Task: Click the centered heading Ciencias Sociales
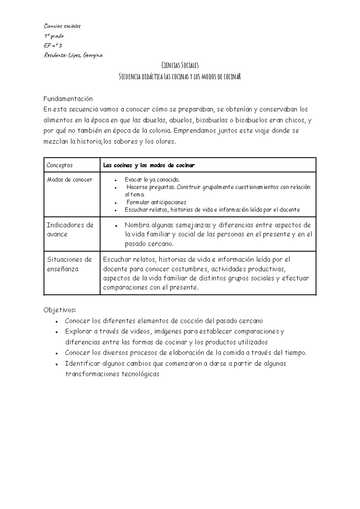pyautogui.click(x=180, y=65)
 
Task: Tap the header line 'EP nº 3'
pyautogui.click(x=53, y=46)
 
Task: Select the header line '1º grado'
pyautogui.click(x=54, y=36)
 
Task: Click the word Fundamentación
pyautogui.click(x=68, y=99)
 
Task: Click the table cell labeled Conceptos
pyautogui.click(x=60, y=165)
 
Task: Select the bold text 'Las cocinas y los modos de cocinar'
pyautogui.click(x=149, y=165)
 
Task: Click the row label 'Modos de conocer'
pyautogui.click(x=69, y=180)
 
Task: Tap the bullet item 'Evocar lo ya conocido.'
pyautogui.click(x=152, y=180)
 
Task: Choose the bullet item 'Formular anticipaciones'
pyautogui.click(x=156, y=202)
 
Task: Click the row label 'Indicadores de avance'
pyautogui.click(x=70, y=230)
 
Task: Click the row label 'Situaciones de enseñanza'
pyautogui.click(x=69, y=264)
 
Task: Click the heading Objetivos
pyautogui.click(x=60, y=310)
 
